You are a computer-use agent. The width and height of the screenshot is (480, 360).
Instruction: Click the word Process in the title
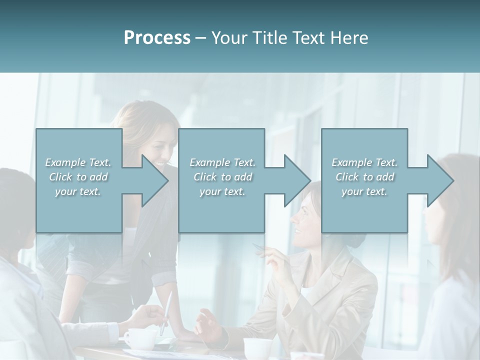(157, 38)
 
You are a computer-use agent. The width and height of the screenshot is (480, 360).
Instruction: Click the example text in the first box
(78, 177)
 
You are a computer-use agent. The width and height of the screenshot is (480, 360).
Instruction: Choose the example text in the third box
(364, 177)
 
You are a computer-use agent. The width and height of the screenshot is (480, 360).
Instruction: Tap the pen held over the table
(166, 313)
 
